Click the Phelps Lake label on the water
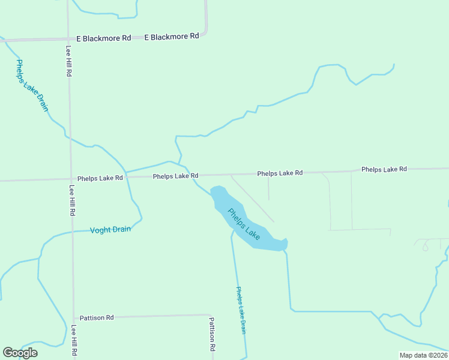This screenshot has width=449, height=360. (244, 224)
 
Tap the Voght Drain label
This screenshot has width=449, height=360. (110, 230)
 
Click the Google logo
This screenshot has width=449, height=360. (20, 352)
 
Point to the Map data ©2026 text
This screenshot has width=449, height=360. (423, 355)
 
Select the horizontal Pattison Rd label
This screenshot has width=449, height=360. (97, 317)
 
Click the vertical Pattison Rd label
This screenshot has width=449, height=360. (212, 334)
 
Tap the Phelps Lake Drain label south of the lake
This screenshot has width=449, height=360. (241, 310)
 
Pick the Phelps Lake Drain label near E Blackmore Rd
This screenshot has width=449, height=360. (32, 85)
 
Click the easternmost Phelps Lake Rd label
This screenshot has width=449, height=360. (384, 169)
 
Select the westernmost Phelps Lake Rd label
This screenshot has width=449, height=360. (100, 178)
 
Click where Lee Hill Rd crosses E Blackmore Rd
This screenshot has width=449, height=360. (68, 39)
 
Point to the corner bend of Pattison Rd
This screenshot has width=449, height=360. (211, 316)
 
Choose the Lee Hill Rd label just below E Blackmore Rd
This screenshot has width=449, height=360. (69, 61)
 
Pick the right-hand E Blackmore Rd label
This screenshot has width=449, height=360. (172, 37)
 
